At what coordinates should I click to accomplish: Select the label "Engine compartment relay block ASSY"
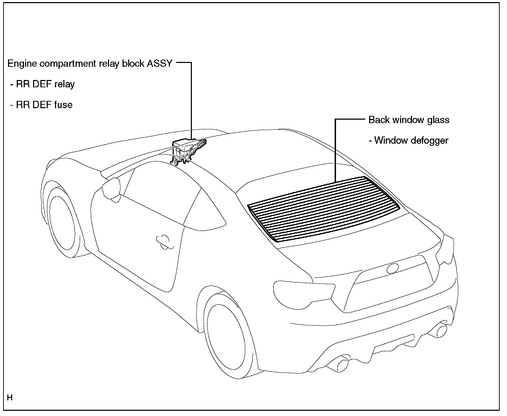click(x=90, y=64)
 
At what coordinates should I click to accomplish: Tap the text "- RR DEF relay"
click(x=42, y=84)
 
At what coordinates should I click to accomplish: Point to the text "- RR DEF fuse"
click(x=41, y=105)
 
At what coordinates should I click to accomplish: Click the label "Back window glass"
click(x=409, y=120)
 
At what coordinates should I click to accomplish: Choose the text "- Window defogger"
click(x=408, y=141)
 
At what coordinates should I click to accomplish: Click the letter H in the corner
click(x=10, y=397)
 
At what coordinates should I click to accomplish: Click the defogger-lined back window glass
click(x=324, y=209)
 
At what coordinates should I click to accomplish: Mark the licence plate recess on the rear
click(x=390, y=289)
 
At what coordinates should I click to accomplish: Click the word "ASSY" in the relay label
click(x=159, y=64)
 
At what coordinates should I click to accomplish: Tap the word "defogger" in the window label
click(x=429, y=141)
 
